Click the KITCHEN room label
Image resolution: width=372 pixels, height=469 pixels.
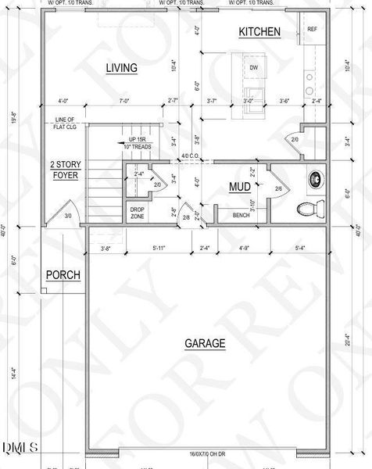pos(259,32)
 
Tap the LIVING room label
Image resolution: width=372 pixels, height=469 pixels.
pos(121,69)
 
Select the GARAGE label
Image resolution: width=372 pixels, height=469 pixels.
pos(205,343)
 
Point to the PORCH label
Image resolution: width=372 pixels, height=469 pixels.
pos(64,275)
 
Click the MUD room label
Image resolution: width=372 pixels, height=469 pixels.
pos(238,188)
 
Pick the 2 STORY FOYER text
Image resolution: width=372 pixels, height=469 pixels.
pos(64,170)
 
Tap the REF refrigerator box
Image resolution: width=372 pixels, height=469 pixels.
pos(311,30)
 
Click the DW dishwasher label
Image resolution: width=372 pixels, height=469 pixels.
pos(253,69)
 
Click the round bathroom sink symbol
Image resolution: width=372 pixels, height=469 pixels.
pos(317,179)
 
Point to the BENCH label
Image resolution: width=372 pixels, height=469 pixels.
pos(241,214)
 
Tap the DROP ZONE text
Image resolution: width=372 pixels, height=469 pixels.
pos(138,213)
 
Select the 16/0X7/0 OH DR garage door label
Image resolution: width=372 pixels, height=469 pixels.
pos(208,454)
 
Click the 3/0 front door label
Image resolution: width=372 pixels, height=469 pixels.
pos(68,216)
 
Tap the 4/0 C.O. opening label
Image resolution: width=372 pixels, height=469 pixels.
pos(190,156)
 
